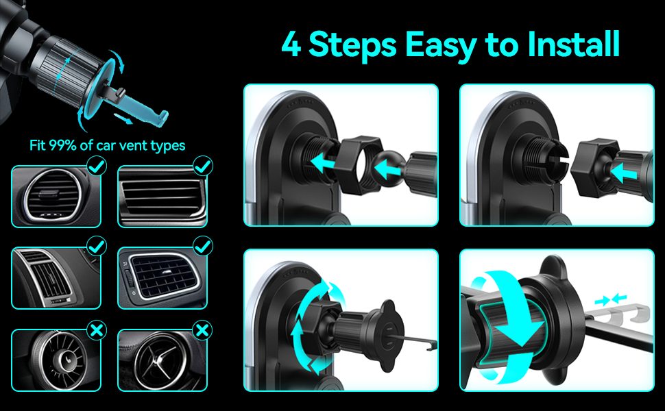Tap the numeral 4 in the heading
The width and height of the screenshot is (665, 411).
click(x=291, y=44)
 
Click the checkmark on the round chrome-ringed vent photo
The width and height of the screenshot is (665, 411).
click(x=97, y=166)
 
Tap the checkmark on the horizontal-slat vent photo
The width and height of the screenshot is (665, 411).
click(x=203, y=166)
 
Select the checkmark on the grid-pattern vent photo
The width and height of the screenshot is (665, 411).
click(x=203, y=246)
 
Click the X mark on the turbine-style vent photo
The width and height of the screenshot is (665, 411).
click(x=97, y=329)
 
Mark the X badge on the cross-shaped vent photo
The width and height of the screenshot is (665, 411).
click(x=203, y=329)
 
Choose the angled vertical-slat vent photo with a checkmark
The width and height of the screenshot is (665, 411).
click(x=56, y=278)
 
